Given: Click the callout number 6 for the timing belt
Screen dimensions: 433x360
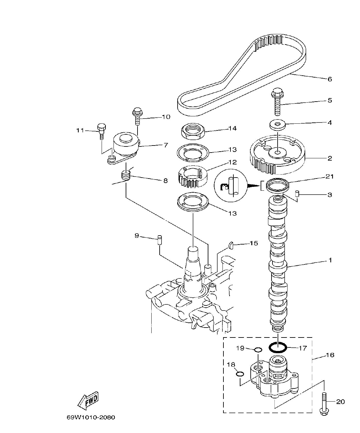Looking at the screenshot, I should point(330,79).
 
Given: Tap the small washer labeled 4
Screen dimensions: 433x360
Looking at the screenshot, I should point(277,125).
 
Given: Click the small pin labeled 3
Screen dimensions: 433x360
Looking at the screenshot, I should point(297,193).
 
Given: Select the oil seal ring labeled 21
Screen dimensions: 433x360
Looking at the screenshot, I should point(277,184).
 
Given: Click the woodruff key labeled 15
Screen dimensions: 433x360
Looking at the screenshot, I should point(231,245).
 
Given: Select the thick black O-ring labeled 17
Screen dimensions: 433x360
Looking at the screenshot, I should point(278,347).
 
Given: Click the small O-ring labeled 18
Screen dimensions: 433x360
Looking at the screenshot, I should point(239,374).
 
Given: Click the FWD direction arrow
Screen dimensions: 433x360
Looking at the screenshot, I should point(88,400).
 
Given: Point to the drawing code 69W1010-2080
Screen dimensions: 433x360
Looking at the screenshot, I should point(91,418).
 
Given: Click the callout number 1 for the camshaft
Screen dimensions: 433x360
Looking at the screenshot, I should point(330,260).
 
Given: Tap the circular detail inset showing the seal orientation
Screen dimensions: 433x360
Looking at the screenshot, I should point(231,185).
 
